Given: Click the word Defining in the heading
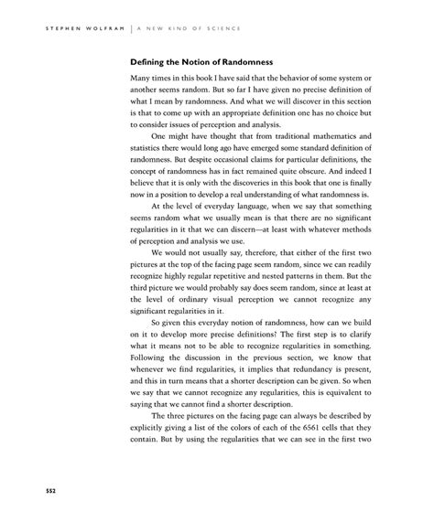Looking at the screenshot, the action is [150, 62].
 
